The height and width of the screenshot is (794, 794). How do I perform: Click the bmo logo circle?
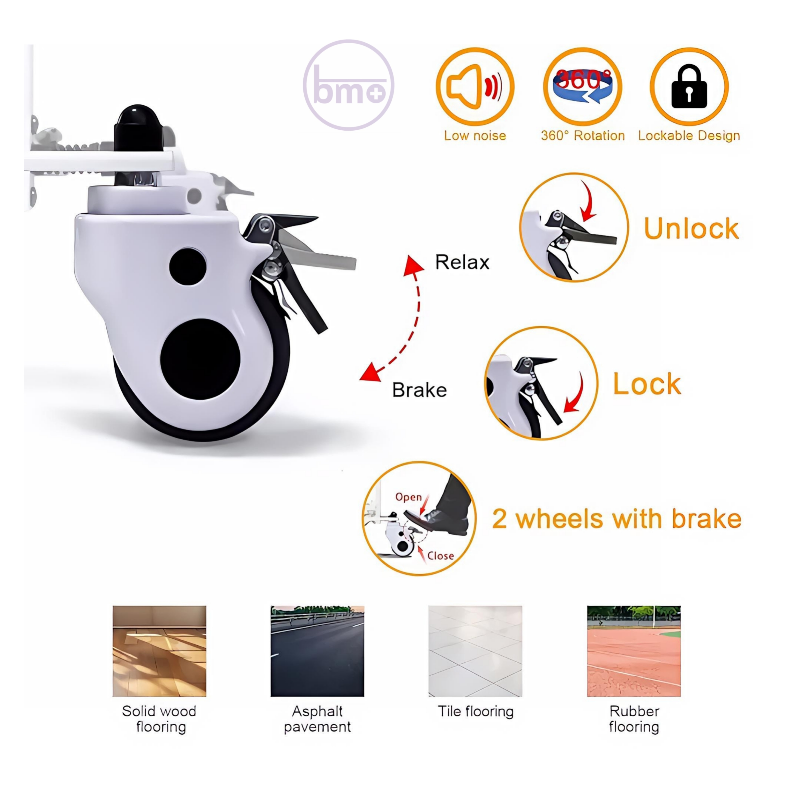(349, 41)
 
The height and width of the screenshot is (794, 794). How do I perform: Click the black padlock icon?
(689, 86)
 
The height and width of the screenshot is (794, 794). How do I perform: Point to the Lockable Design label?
(689, 136)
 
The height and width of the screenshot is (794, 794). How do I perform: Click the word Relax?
(462, 262)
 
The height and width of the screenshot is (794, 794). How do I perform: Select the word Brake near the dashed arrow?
(419, 390)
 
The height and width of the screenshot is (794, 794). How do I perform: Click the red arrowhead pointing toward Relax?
(413, 265)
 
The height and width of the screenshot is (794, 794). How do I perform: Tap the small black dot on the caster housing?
(188, 266)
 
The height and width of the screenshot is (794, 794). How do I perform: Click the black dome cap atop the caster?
(138, 127)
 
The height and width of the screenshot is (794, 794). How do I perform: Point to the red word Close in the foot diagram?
(441, 556)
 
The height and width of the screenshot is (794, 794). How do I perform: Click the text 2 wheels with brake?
(616, 519)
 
